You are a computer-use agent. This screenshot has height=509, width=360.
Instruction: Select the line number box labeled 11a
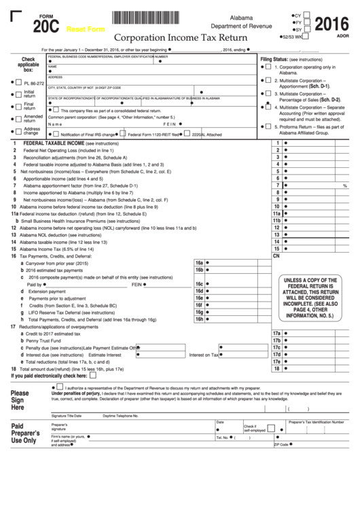(x=276, y=213)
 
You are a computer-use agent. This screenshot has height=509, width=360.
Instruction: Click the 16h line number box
(x=199, y=319)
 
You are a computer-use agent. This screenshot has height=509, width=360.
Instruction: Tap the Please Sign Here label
(x=20, y=400)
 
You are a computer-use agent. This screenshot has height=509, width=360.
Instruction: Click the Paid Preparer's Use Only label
(x=26, y=433)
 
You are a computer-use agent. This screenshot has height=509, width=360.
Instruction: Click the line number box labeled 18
(x=276, y=369)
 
